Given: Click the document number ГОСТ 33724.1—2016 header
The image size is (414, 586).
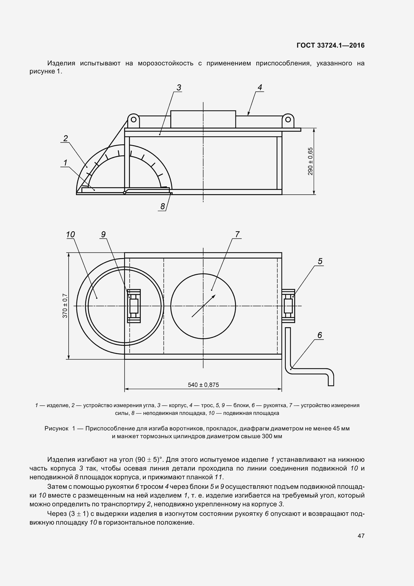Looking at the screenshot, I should tap(331, 45).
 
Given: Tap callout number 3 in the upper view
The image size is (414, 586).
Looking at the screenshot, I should tap(179, 87).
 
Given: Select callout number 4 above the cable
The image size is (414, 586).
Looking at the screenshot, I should tap(260, 87).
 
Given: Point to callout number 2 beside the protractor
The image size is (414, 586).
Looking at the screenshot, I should tap(66, 138).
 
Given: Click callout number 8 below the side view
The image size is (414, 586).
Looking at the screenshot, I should tap(163, 206).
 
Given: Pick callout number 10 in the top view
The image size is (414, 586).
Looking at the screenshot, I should tap(70, 235).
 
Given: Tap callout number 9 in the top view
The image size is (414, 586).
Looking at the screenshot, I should tap(103, 234).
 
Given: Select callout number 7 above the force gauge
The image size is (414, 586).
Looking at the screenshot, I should tap(237, 234).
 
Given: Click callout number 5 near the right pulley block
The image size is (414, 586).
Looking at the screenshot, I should tap(320, 261).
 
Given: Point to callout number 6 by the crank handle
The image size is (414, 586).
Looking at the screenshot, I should tap(320, 335).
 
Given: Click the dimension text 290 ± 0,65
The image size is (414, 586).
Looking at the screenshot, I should tap(310, 161).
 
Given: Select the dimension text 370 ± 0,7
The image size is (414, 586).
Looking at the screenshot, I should tap(65, 306).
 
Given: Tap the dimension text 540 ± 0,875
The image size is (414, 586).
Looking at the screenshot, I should tap(203, 385).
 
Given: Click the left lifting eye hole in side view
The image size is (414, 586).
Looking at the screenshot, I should tap(133, 120).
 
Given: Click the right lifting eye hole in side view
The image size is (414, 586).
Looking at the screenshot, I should tap(288, 120).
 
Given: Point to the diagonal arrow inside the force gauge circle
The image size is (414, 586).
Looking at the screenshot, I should tap(204, 306).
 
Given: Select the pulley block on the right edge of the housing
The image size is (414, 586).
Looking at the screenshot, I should tap(288, 306).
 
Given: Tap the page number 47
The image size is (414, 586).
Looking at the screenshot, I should tap(361, 536).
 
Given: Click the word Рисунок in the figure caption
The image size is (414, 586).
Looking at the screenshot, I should tap(56, 428).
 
